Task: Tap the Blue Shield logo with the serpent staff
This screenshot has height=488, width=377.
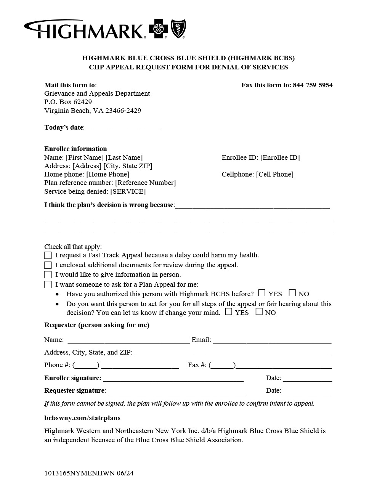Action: click(x=178, y=29)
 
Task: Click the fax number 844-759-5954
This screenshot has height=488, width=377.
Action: click(x=313, y=85)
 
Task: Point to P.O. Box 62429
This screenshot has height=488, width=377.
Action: click(x=68, y=102)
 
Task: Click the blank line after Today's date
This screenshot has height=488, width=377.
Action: click(x=123, y=128)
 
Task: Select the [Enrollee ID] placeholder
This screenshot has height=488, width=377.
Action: click(x=280, y=157)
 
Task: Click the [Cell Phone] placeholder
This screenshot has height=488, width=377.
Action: click(x=274, y=174)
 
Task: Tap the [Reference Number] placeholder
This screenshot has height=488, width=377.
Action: click(x=145, y=183)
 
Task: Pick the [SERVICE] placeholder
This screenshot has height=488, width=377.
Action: click(x=128, y=191)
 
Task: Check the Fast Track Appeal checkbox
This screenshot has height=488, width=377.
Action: click(x=48, y=255)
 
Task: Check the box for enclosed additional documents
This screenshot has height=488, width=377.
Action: click(x=48, y=265)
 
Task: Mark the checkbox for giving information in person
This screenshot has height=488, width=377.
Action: click(x=48, y=274)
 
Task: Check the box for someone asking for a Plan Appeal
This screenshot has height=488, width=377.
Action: click(x=48, y=284)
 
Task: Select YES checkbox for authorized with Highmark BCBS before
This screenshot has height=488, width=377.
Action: click(x=261, y=293)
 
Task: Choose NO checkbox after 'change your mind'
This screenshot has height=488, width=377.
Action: click(x=259, y=311)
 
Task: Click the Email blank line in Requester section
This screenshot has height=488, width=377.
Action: click(x=272, y=340)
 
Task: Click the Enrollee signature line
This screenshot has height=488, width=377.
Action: click(x=173, y=379)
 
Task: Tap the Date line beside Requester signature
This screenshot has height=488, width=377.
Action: click(x=307, y=391)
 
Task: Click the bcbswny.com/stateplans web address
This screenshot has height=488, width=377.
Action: click(x=82, y=418)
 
